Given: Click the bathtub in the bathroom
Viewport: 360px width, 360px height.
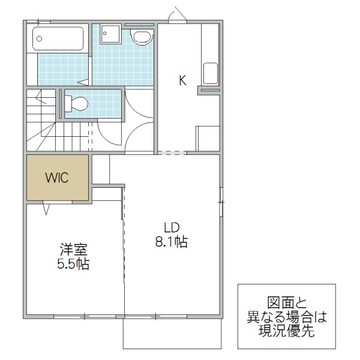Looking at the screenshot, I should coord(56,40).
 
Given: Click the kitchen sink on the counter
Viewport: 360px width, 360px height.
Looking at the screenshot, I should coord(211,74).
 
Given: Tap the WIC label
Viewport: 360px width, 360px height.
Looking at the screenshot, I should coord(57,178).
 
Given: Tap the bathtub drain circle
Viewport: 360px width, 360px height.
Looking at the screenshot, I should coord(39,39).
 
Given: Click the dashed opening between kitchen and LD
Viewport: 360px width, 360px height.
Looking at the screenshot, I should coord(172,152).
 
